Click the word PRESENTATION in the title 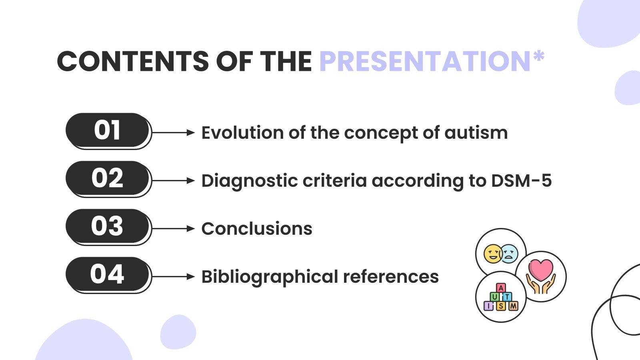(425, 62)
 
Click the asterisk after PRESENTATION (538, 56)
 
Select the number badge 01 (107, 130)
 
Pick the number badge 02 (107, 178)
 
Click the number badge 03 (107, 226)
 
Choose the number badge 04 (107, 274)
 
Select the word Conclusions (256, 229)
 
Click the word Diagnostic (249, 181)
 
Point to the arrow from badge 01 (173, 132)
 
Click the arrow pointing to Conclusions (173, 228)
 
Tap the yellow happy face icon (493, 254)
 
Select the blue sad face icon (509, 254)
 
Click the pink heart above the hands (541, 269)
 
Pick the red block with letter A (501, 288)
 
